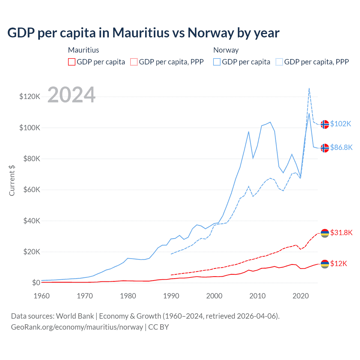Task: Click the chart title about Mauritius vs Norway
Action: tap(143, 33)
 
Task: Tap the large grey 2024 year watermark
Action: tap(71, 95)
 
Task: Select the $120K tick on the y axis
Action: tap(30, 97)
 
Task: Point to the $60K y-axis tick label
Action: tap(31, 190)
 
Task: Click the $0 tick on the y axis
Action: tap(36, 283)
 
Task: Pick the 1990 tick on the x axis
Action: tap(171, 296)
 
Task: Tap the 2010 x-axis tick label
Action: tap(257, 296)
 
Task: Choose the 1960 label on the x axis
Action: tap(42, 296)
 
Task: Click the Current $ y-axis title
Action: tap(12, 181)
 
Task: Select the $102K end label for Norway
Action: tap(341, 124)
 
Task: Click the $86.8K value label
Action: tap(341, 147)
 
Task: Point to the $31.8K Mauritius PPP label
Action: tap(341, 233)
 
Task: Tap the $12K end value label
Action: tap(339, 264)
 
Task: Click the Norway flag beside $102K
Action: tap(325, 124)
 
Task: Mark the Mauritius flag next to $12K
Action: tap(325, 264)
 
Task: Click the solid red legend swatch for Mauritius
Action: tap(72, 62)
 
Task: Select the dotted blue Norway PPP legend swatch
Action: tap(279, 62)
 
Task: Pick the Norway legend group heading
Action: tap(226, 50)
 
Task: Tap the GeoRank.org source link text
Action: tap(77, 327)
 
